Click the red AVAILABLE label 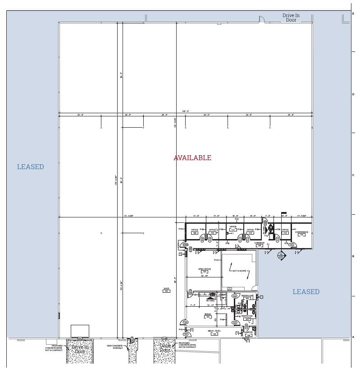pos(192,158)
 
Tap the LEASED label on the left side pos(31,167)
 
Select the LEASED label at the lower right pos(306,292)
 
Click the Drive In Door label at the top pos(291,18)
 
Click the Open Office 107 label pos(204,271)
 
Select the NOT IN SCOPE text pos(239,271)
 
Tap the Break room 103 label pos(208,315)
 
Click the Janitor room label pos(248,334)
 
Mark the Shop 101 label pos(166,290)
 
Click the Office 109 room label pos(195,231)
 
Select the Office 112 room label pos(250,231)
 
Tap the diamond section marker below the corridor pos(282,255)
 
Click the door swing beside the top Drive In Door pos(261,19)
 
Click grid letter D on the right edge pos(353,94)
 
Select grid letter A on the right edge pos(353,337)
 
